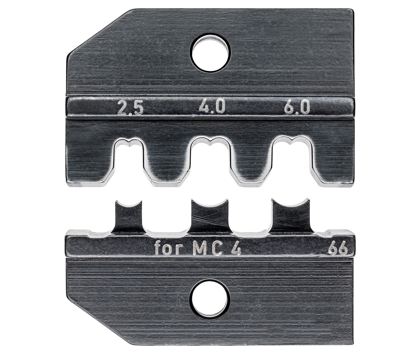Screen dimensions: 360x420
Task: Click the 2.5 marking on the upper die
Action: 130,108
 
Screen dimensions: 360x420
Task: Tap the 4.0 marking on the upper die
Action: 212,108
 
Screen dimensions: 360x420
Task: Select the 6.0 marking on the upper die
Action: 297,108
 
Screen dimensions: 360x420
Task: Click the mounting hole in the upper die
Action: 210,52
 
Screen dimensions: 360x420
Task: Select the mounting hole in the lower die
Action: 210,299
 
